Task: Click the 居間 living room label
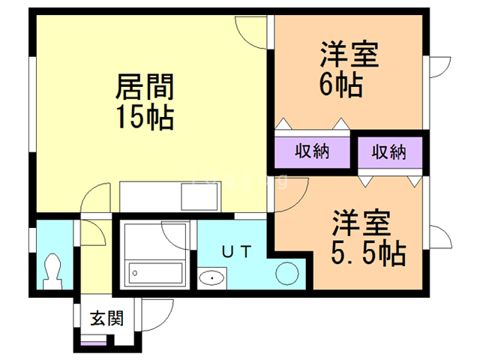click(145, 87)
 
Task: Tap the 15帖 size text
click(145, 117)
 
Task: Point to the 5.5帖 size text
click(368, 253)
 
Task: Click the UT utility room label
click(236, 252)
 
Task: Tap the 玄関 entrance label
click(106, 318)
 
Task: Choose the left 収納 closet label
click(312, 151)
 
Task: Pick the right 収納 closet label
click(388, 152)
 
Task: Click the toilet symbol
click(53, 271)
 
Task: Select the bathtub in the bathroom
click(155, 273)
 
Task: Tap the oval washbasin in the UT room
click(211, 278)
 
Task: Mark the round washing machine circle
click(286, 273)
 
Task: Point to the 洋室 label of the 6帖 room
click(349, 55)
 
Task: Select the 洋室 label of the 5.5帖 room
click(361, 223)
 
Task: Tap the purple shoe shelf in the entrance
click(94, 343)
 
